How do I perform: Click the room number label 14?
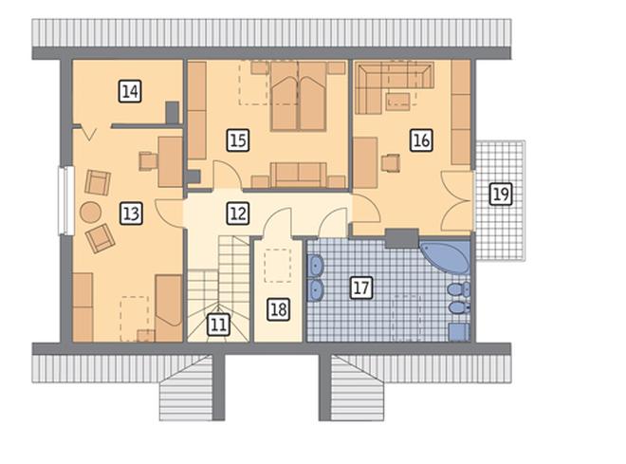click(130, 91)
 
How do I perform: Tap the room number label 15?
click(238, 140)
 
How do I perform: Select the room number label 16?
click(421, 140)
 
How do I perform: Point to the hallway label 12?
click(238, 213)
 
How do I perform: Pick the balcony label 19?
click(501, 195)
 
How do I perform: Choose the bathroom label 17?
click(361, 288)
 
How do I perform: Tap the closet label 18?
click(278, 309)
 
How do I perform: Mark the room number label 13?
click(131, 213)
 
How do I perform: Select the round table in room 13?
click(90, 213)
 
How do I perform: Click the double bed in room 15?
click(298, 96)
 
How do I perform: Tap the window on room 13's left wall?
click(65, 200)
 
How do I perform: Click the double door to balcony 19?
click(457, 202)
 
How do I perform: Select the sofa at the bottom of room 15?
click(298, 175)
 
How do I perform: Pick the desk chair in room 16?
click(390, 163)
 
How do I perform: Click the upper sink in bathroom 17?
click(316, 265)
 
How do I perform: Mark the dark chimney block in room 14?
click(172, 112)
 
